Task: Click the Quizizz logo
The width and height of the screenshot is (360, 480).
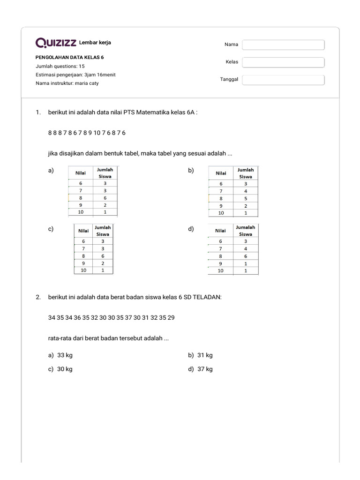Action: click(x=56, y=43)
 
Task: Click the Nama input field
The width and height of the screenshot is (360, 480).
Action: click(x=283, y=45)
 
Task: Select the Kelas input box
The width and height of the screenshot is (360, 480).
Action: click(x=283, y=62)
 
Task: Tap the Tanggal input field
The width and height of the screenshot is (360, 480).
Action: click(x=283, y=80)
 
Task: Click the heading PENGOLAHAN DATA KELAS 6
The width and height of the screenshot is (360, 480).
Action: click(x=70, y=58)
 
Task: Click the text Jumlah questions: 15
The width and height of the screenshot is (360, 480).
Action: click(x=60, y=66)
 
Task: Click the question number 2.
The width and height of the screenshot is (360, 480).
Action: click(x=38, y=297)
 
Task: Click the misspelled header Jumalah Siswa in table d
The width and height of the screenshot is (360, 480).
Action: click(x=245, y=231)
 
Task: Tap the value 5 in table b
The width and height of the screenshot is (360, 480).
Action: click(x=245, y=198)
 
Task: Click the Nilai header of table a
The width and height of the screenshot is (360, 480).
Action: click(x=81, y=173)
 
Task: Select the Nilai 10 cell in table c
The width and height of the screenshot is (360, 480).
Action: click(x=83, y=270)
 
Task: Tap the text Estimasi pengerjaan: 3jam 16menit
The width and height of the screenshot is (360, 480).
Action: click(x=75, y=75)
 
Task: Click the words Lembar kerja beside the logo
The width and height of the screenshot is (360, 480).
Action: click(x=95, y=43)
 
